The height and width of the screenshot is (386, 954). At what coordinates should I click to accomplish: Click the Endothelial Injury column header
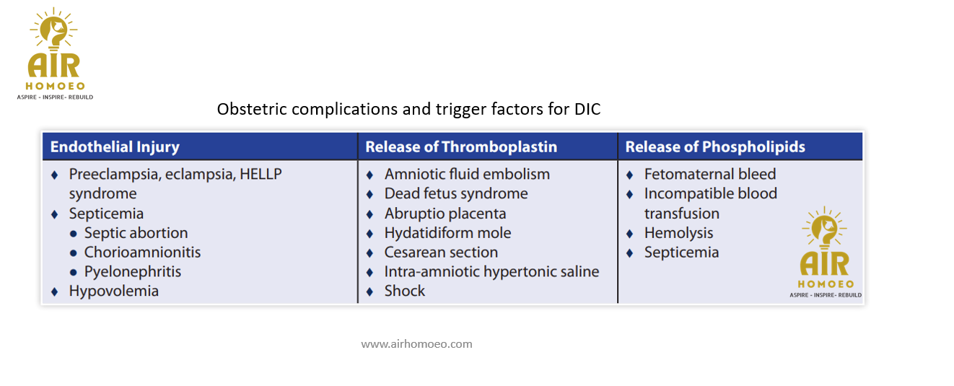click(x=115, y=147)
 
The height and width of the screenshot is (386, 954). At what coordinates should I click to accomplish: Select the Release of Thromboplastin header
click(x=461, y=147)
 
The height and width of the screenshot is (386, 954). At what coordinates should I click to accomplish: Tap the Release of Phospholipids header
click(x=715, y=147)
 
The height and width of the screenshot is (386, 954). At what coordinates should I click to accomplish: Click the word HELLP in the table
click(x=261, y=174)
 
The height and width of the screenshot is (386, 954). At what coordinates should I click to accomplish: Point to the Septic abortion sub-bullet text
click(x=136, y=233)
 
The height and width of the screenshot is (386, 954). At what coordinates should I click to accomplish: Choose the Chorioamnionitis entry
click(x=142, y=253)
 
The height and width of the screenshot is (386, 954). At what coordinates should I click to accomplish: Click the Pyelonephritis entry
click(x=133, y=272)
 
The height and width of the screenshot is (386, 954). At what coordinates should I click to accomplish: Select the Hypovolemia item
click(x=114, y=291)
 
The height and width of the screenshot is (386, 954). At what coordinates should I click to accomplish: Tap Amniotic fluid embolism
click(x=467, y=174)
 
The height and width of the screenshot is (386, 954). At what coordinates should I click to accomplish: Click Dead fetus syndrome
click(x=456, y=193)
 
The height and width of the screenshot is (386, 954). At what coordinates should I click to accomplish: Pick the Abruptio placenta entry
click(x=445, y=214)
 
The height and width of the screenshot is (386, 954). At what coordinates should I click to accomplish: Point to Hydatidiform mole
click(x=447, y=233)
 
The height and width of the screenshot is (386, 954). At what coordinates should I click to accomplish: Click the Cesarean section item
click(x=441, y=253)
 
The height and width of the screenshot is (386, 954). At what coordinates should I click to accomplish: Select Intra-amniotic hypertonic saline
click(x=492, y=272)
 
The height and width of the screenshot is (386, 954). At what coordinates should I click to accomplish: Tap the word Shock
click(x=405, y=291)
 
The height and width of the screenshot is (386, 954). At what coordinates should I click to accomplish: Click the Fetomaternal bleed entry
click(x=710, y=174)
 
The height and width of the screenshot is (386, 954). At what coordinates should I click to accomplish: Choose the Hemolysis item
click(x=678, y=233)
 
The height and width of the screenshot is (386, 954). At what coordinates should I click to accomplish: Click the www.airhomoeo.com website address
click(x=416, y=344)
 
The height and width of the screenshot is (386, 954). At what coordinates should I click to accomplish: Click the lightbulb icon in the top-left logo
click(x=53, y=30)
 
